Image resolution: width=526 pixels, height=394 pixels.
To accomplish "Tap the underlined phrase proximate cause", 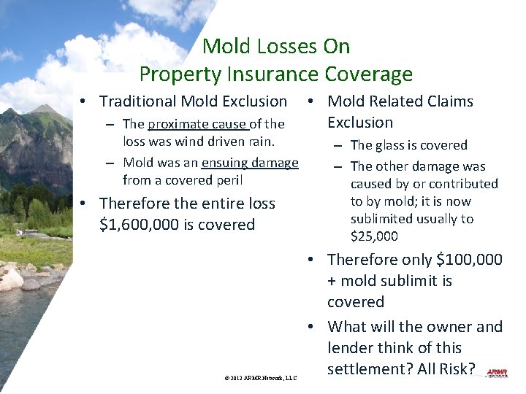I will pos(197,124).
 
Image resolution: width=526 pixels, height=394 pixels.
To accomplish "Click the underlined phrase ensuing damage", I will pos(250,163).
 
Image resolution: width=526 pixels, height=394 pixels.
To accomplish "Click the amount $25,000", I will pos(374,236).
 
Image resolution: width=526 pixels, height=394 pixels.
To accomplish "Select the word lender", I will pos(351,348).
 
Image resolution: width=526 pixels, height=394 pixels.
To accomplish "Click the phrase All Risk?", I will pos(446,369).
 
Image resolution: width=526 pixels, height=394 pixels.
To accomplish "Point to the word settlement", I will pos(370,369).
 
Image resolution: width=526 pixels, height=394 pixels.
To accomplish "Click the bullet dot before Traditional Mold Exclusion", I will pos(85,101).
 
